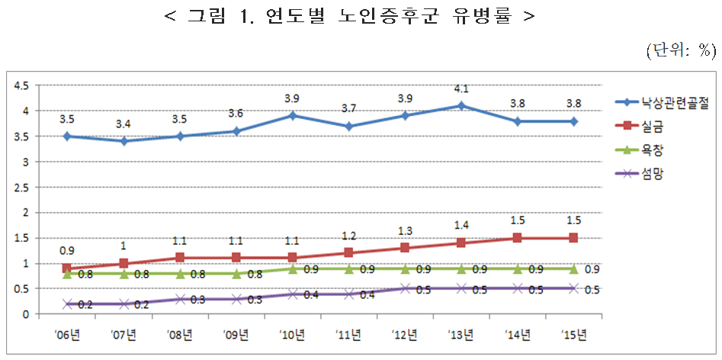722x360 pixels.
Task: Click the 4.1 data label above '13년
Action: pos(460,89)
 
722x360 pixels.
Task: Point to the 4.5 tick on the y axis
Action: pos(21,85)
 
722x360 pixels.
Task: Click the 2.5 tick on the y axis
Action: pos(21,187)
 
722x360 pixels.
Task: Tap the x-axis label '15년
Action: pos(573,334)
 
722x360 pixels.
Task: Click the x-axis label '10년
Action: pos(292,334)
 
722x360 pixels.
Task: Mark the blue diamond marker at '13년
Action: pos(460,105)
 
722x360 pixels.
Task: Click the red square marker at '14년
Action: pos(517,238)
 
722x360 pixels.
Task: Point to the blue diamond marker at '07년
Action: pos(123,141)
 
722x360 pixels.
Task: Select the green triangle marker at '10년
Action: pos(292,268)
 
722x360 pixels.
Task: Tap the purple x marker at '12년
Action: pos(405,288)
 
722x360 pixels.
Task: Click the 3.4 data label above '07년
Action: pos(123,124)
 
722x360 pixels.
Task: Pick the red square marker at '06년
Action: pos(67,268)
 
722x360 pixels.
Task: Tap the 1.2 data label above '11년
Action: pos(348,236)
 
